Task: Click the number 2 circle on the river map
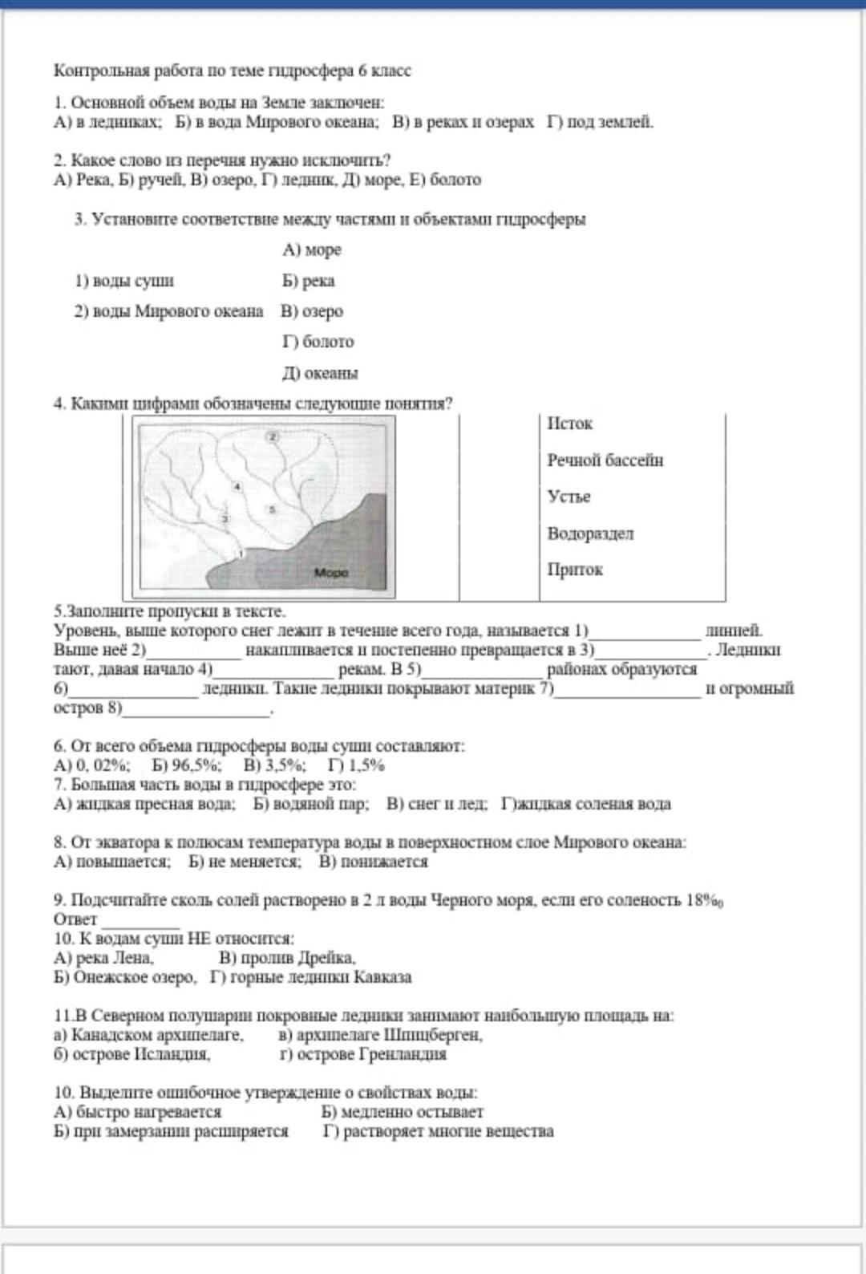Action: coord(272,436)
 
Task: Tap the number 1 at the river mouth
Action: coord(241,554)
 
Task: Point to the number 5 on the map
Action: coord(272,509)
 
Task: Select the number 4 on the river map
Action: coord(237,486)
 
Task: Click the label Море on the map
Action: coord(331,573)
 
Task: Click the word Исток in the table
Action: coord(569,424)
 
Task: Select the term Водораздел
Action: coord(590,534)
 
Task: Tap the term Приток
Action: coord(575,570)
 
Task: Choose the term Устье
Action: coord(569,497)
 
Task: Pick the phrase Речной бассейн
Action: coord(605,461)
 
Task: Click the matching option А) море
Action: coord(312,250)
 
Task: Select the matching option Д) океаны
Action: coord(320,373)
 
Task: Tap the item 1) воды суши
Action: coord(124,281)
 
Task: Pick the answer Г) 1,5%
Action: coord(357,765)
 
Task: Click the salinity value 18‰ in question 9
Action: coord(705,900)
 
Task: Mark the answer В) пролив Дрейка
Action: coord(287,958)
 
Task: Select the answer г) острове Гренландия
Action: coord(362,1054)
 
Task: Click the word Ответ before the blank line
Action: coord(75,919)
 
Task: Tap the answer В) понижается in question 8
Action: coord(373,862)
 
